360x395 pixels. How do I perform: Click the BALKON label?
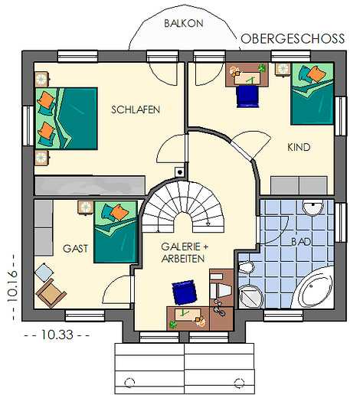click(x=184, y=23)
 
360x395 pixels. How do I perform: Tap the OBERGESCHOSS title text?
click(x=293, y=39)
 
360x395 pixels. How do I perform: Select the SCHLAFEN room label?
click(x=136, y=109)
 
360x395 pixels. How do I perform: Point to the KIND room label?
click(x=299, y=147)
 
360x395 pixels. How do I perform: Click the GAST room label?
click(x=75, y=249)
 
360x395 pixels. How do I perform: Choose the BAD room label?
click(x=301, y=242)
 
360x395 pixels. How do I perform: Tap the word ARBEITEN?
click(x=183, y=259)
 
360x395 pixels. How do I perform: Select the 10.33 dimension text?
click(x=57, y=335)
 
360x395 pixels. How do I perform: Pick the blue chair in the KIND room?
click(x=247, y=96)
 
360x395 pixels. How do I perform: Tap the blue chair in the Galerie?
click(x=185, y=293)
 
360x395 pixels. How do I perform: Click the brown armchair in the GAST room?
click(x=51, y=293)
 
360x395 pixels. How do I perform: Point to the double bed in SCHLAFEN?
click(x=67, y=119)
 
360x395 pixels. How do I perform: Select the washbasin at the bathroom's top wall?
click(x=313, y=207)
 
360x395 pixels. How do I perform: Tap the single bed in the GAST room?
click(x=116, y=232)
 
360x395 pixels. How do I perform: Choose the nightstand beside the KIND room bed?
click(x=283, y=70)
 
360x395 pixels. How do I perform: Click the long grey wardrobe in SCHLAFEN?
click(x=90, y=185)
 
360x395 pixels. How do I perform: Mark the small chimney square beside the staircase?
click(x=180, y=172)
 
